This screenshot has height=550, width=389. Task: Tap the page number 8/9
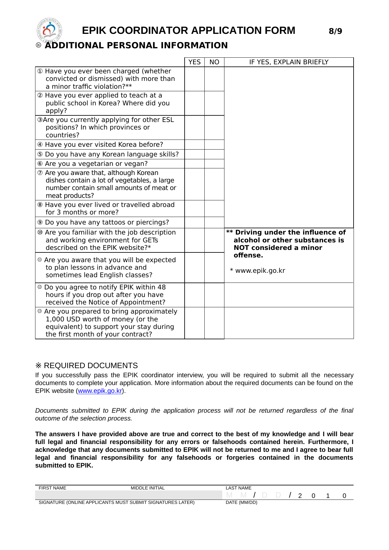tap(335, 31)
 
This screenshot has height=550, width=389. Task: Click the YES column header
tap(195, 62)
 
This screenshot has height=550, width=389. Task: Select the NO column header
tap(214, 62)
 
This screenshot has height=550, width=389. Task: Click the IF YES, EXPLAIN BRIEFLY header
tap(289, 62)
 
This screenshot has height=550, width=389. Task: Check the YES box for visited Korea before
tap(195, 145)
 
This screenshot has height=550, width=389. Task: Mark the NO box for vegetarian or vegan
tap(214, 164)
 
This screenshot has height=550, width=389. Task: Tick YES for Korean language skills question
tap(195, 154)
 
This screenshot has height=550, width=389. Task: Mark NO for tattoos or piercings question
tap(214, 222)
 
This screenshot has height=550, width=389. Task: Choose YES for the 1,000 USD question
tap(195, 323)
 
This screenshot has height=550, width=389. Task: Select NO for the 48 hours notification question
tap(214, 295)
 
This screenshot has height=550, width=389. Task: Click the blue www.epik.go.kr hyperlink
tap(100, 391)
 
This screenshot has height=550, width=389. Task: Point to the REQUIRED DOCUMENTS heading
tap(91, 366)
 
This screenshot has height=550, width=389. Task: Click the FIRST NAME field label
tap(52, 488)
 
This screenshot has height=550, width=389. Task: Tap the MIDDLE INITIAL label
tap(148, 488)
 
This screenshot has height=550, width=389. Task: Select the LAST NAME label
tap(239, 488)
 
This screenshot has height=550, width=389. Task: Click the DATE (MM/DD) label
tap(241, 502)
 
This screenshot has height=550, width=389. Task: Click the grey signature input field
tap(129, 495)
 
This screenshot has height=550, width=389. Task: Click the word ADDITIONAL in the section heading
tap(74, 45)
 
